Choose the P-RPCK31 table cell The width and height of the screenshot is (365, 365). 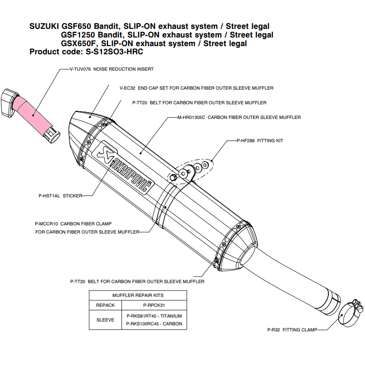click(154, 305)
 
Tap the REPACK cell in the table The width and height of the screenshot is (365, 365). click(105, 305)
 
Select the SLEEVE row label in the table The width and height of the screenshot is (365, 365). click(105, 320)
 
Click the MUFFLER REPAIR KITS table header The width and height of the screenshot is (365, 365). click(138, 295)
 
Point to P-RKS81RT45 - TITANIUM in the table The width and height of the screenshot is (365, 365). click(154, 316)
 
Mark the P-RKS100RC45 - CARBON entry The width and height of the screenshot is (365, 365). click(154, 324)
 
